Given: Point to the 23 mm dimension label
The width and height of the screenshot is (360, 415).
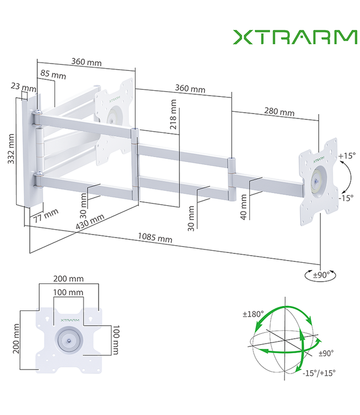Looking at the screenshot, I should tap(23, 87).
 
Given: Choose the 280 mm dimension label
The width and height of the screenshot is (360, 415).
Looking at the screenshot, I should tap(279, 112).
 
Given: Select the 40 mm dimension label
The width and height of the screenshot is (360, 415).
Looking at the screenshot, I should tap(243, 207).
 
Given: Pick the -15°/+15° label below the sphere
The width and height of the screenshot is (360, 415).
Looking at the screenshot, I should tap(320, 373).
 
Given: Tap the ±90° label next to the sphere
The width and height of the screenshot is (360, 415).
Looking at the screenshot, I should tap(325, 352).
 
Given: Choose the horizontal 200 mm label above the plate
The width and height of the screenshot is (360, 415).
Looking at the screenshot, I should tap(68, 279).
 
